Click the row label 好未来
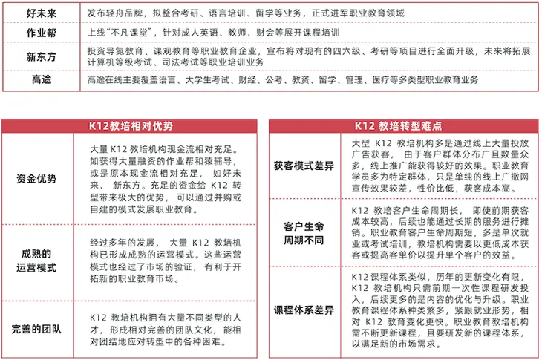coord(38,14)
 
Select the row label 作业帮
coord(38,35)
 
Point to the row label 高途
coord(38,80)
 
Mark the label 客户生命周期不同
coord(304,232)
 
